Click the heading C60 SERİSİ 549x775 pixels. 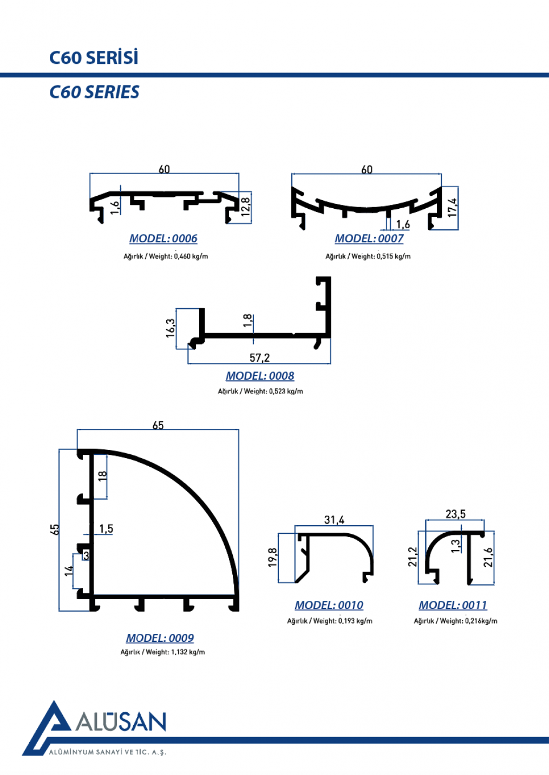94,57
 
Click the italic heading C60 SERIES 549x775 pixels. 94,92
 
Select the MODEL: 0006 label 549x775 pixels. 163,239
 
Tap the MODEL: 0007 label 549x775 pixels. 369,239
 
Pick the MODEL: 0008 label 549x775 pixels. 260,376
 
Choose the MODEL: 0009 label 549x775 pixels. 160,638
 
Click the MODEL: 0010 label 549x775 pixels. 329,605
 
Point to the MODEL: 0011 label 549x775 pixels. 453,605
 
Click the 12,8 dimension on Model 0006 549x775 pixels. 246,207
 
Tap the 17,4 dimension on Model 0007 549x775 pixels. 453,208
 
